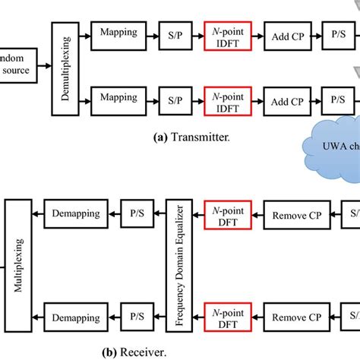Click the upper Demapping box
point(75,214)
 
